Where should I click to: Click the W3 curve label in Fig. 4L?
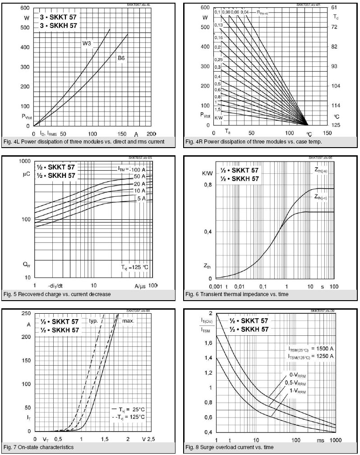[x=87, y=43]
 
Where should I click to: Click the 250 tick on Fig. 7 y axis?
[x=26, y=314]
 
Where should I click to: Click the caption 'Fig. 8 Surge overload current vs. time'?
[x=236, y=447]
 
